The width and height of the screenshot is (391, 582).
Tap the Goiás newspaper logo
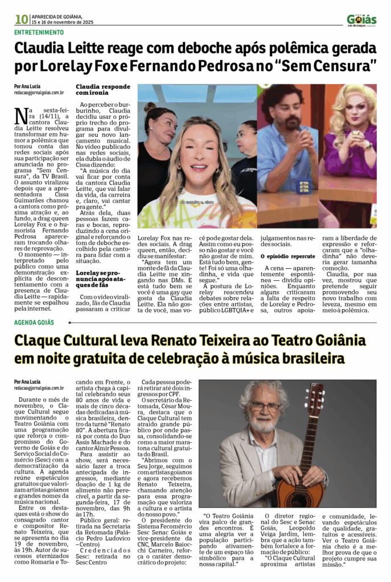pyautogui.click(x=361, y=20)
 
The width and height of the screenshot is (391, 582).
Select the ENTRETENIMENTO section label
pyautogui.click(x=39, y=32)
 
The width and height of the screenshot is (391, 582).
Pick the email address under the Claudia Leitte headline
pyautogui.click(x=39, y=92)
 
